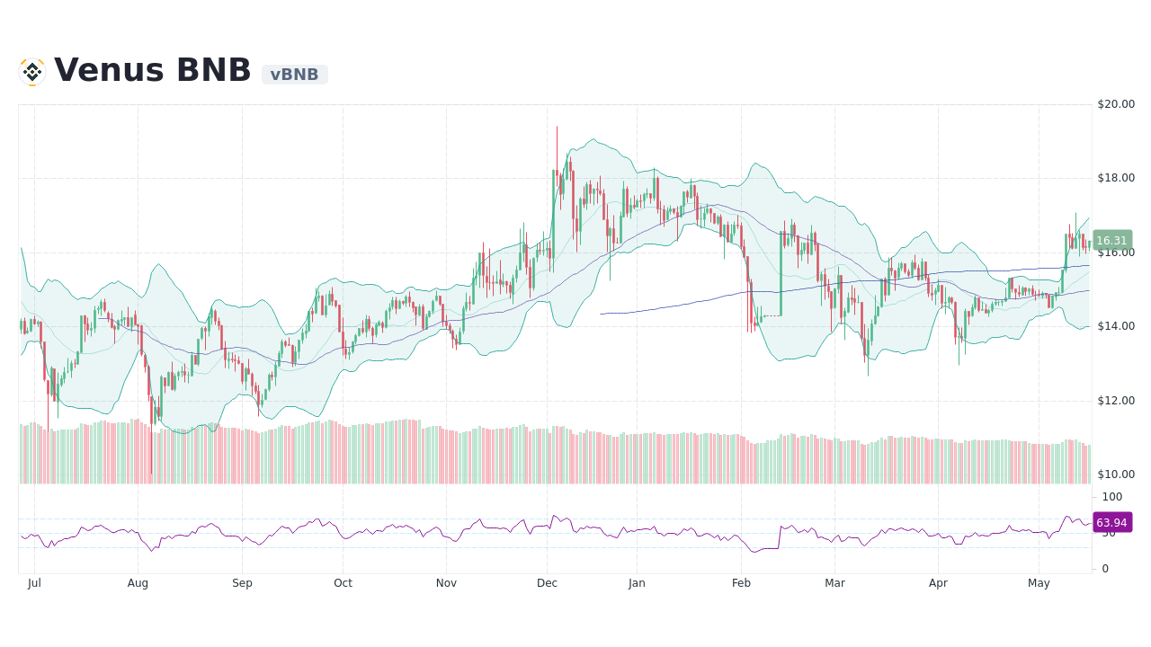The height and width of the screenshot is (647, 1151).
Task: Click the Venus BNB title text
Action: [x=153, y=71]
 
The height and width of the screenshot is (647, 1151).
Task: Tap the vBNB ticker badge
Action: [x=294, y=75]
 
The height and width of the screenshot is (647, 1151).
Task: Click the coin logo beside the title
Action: [x=32, y=72]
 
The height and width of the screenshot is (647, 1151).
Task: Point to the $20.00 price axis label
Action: [x=1115, y=104]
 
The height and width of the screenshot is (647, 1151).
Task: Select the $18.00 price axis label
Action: [x=1115, y=178]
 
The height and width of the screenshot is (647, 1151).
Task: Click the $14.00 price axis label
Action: [x=1115, y=326]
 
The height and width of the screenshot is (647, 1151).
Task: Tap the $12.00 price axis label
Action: [x=1115, y=401]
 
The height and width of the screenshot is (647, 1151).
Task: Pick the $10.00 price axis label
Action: [x=1115, y=474]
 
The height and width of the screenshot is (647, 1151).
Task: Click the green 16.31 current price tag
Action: [x=1112, y=241]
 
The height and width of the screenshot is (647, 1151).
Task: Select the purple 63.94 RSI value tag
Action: [x=1112, y=522]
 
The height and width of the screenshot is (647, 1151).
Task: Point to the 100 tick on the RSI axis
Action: [x=1112, y=497]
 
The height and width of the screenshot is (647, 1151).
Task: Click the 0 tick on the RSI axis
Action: [x=1105, y=569]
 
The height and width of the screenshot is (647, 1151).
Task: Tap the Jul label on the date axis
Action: [x=34, y=583]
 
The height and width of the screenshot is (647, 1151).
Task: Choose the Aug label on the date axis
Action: [x=138, y=583]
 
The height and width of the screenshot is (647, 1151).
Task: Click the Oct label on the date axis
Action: [x=343, y=583]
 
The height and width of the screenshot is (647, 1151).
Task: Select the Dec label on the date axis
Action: [x=547, y=583]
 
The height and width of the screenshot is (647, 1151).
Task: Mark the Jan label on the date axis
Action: [x=637, y=583]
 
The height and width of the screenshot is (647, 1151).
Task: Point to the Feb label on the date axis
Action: [x=741, y=583]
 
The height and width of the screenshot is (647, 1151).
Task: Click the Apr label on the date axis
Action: [x=938, y=583]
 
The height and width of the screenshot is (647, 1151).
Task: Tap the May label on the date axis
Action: [x=1039, y=583]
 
